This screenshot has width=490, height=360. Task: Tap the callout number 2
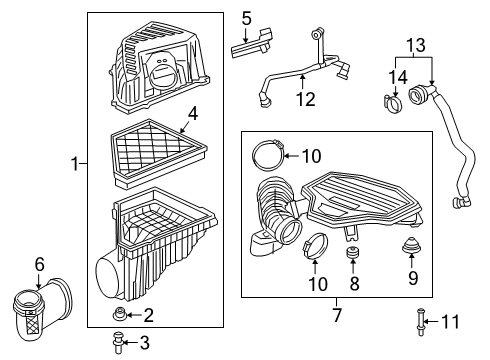point(148,316)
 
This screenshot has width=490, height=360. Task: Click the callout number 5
point(246,17)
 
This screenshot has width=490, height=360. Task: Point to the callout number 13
point(415,46)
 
